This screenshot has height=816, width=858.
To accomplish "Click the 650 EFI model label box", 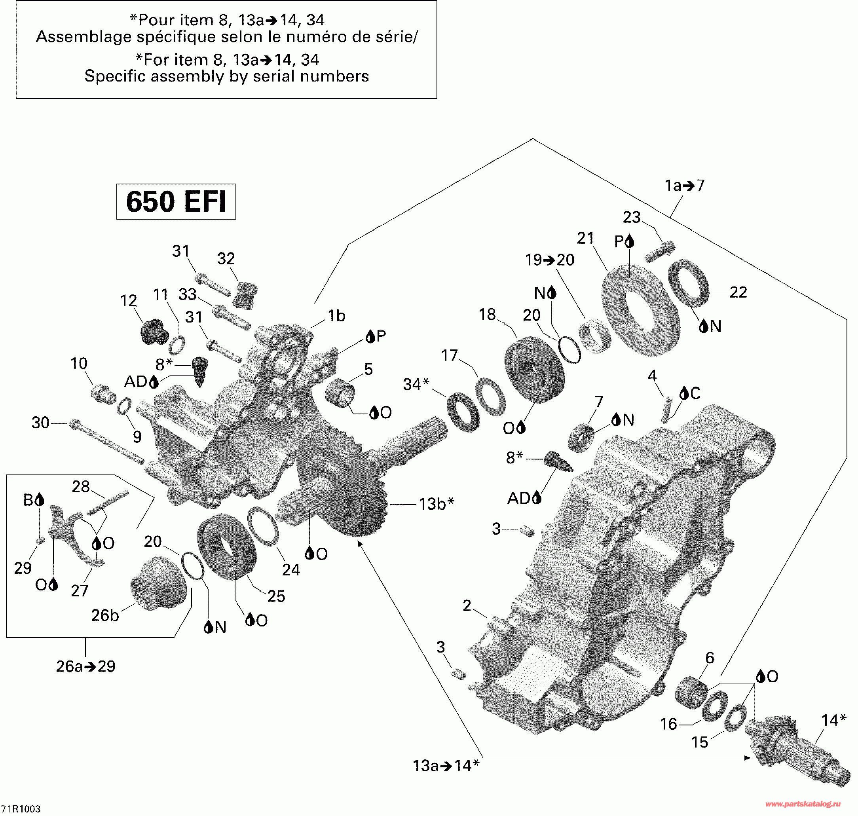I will pyautogui.click(x=176, y=201).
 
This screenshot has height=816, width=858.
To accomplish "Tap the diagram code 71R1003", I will pyautogui.click(x=21, y=808).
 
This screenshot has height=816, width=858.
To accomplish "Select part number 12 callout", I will pyautogui.click(x=128, y=301).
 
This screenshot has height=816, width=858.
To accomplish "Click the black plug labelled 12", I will pyautogui.click(x=152, y=332).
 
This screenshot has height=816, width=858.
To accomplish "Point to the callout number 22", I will pyautogui.click(x=738, y=292).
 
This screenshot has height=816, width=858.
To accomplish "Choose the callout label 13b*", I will pyautogui.click(x=437, y=504).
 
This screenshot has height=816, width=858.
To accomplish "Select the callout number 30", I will pyautogui.click(x=40, y=422).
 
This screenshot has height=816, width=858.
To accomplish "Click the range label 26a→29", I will pyautogui.click(x=86, y=666).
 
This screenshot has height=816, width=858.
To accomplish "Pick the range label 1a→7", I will pyautogui.click(x=684, y=186).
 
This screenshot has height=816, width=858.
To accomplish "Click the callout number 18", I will pyautogui.click(x=487, y=314).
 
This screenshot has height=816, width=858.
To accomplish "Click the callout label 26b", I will pyautogui.click(x=105, y=615).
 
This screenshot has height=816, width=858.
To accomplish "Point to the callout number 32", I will pyautogui.click(x=226, y=258).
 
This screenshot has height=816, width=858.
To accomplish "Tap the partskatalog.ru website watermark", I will pyautogui.click(x=803, y=804).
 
